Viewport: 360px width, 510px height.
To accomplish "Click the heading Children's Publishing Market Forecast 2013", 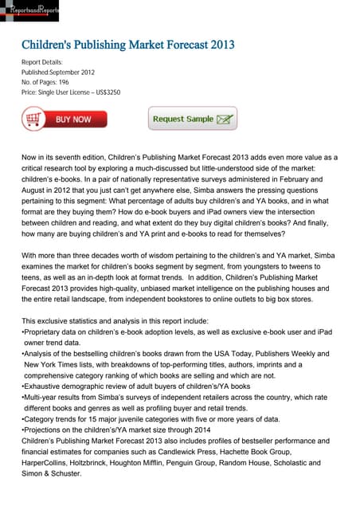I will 127,44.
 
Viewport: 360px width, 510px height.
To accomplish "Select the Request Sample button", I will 192,119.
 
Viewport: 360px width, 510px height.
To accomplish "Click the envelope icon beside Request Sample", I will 225,120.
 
